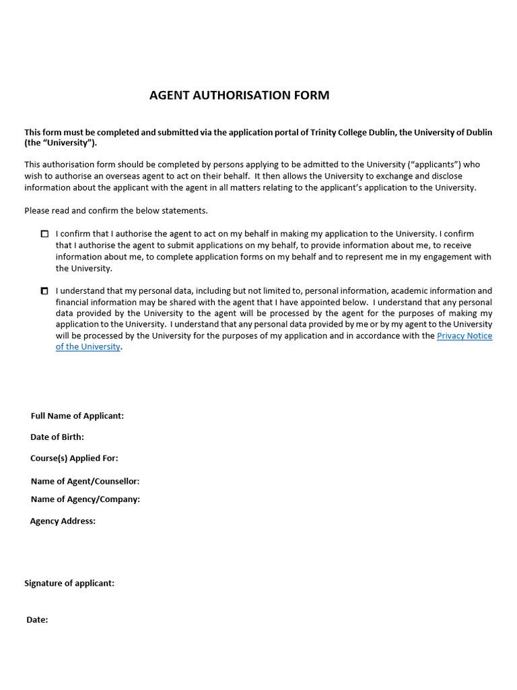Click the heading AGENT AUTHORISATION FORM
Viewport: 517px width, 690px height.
coord(239,95)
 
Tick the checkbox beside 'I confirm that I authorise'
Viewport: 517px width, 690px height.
coord(44,234)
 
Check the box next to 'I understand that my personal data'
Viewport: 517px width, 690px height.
coord(44,291)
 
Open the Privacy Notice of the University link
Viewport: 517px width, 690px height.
coord(464,336)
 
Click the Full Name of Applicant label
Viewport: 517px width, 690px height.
coord(77,416)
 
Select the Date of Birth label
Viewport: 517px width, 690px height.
coord(57,437)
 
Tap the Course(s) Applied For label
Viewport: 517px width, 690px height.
coord(74,458)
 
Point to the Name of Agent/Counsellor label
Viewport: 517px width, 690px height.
coord(85,481)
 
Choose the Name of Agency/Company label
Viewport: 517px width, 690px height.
coord(85,499)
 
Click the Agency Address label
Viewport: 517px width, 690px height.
coord(63,521)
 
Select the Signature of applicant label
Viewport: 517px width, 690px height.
coord(69,583)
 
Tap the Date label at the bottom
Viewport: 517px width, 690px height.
coord(37,619)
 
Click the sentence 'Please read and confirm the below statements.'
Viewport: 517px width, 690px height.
coord(116,210)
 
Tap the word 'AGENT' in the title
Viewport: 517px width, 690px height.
coord(170,95)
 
